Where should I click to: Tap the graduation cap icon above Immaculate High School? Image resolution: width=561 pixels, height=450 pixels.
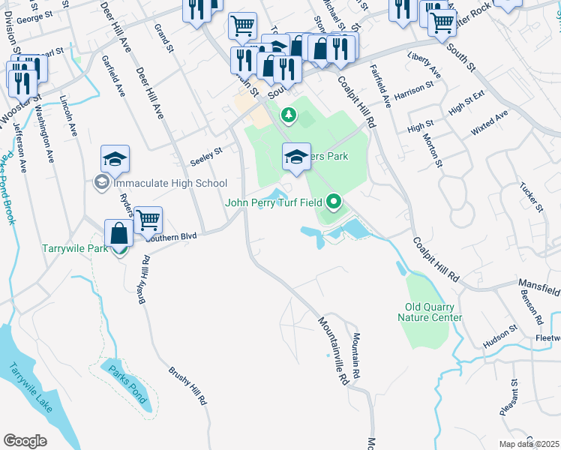pyautogui.click(x=115, y=159)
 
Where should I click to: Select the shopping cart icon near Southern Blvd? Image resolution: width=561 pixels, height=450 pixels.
pyautogui.click(x=148, y=220)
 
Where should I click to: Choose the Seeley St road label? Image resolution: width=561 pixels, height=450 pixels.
pyautogui.click(x=206, y=153)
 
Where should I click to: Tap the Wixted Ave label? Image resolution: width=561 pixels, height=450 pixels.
pyautogui.click(x=489, y=122)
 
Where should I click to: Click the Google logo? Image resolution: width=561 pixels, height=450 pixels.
pyautogui.click(x=25, y=441)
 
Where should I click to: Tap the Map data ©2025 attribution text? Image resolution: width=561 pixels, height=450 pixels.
pyautogui.click(x=529, y=444)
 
